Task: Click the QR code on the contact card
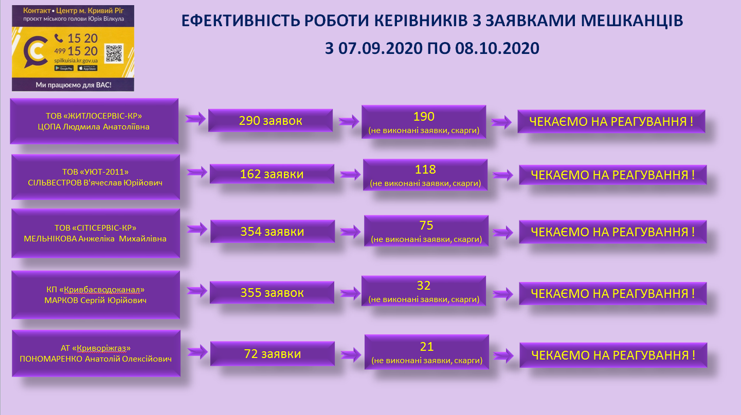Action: pyautogui.click(x=114, y=53)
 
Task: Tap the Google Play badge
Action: pyautogui.click(x=64, y=68)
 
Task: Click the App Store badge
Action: pyautogui.click(x=87, y=68)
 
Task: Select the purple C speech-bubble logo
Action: pyautogui.click(x=35, y=52)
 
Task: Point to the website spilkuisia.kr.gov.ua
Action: pyautogui.click(x=76, y=61)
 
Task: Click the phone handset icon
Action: pyautogui.click(x=59, y=39)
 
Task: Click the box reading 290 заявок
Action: pyautogui.click(x=270, y=121)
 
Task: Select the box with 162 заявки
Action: pyautogui.click(x=272, y=174)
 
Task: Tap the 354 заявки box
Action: pyautogui.click(x=272, y=231)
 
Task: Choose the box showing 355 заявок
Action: pyautogui.click(x=272, y=292)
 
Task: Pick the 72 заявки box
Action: pyautogui.click(x=272, y=353)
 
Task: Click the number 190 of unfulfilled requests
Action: pyautogui.click(x=424, y=116)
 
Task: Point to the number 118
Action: pyautogui.click(x=425, y=169)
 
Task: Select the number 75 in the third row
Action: pyautogui.click(x=426, y=225)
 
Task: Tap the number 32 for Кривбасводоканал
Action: pyautogui.click(x=423, y=286)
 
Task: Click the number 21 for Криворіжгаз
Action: pyautogui.click(x=426, y=347)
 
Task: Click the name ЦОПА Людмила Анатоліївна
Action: pyautogui.click(x=94, y=127)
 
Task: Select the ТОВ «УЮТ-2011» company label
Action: pyautogui.click(x=95, y=172)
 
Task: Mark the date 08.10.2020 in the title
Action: pyautogui.click(x=497, y=48)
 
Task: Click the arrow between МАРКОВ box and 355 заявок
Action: pyautogui.click(x=197, y=291)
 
